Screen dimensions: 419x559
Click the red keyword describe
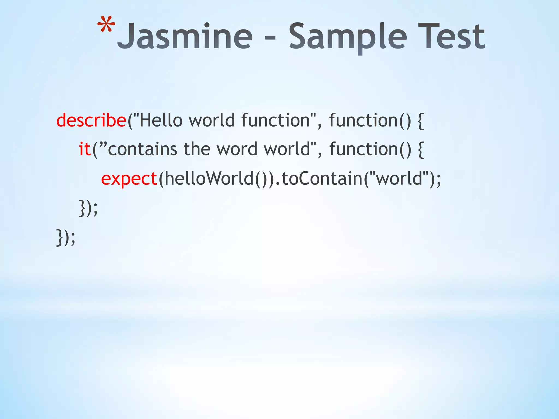pos(91,120)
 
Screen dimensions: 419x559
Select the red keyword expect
pos(129,179)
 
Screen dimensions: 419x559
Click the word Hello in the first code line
pos(161,120)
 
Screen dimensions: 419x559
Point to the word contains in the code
pos(142,149)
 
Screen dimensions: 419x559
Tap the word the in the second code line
pos(197,149)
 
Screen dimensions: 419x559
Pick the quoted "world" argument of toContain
pos(399,179)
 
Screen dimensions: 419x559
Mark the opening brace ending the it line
pos(421,150)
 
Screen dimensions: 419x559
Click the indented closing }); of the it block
pos(88,208)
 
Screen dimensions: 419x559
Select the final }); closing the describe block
pos(66,237)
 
